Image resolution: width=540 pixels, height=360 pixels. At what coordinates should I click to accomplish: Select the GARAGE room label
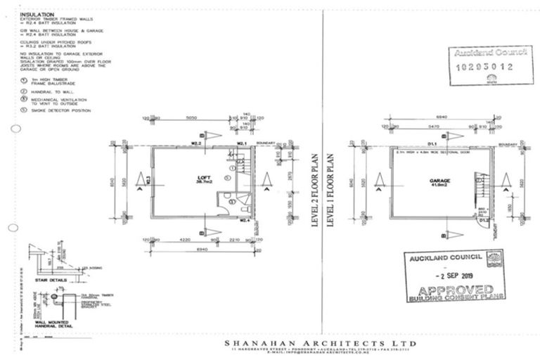coord(430,181)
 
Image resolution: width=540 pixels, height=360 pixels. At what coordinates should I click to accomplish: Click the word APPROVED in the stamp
coord(454,290)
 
